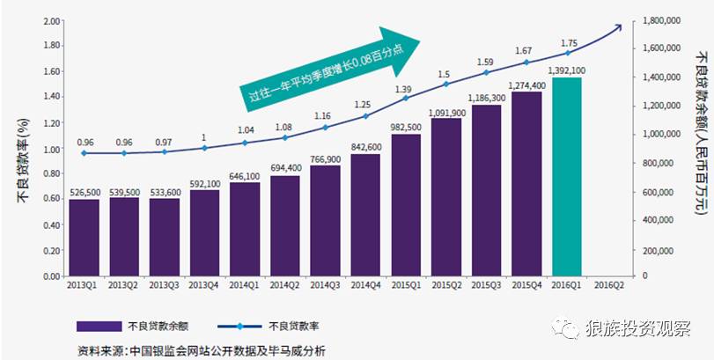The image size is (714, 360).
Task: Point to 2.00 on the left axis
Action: coord(51,20)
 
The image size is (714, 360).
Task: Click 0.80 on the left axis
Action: coord(51,173)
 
